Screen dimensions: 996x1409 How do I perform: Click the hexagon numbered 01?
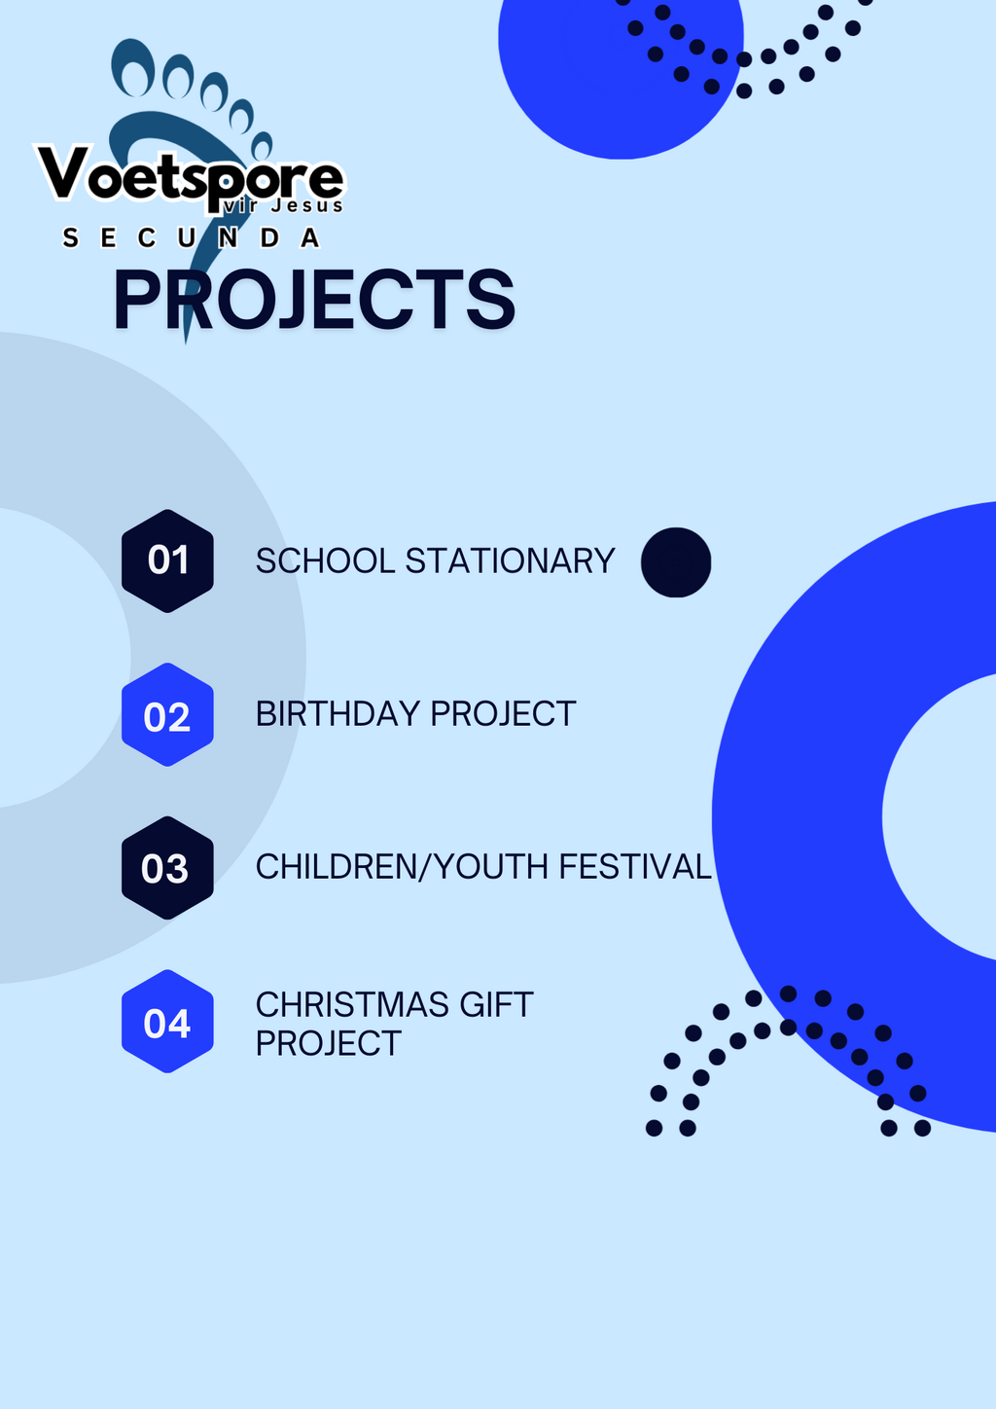(x=167, y=560)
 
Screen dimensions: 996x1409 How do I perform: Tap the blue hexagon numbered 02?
(x=167, y=714)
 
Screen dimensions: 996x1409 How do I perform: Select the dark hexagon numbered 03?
(x=167, y=867)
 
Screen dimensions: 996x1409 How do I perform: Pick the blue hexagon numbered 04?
(x=167, y=1021)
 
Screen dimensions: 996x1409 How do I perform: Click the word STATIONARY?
(x=510, y=560)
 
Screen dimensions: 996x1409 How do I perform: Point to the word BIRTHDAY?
(x=338, y=714)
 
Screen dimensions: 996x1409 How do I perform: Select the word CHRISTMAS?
(x=352, y=1004)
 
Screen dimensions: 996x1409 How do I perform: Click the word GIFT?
(x=496, y=1004)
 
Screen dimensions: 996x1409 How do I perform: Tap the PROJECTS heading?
(x=314, y=299)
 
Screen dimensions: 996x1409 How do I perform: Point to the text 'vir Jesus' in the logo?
(x=284, y=205)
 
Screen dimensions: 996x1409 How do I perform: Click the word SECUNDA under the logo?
(x=192, y=237)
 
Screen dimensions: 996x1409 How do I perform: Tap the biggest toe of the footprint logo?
(x=132, y=68)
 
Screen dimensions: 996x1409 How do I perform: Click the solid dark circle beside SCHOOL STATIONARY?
(x=676, y=562)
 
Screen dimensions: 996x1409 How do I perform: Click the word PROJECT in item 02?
(x=503, y=714)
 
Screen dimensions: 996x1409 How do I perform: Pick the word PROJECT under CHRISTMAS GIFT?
(x=328, y=1043)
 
